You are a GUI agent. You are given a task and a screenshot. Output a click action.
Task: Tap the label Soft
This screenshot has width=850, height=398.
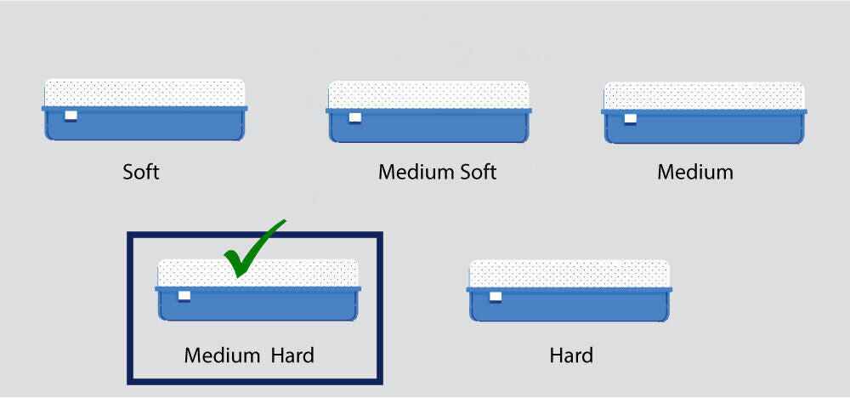pos(141,172)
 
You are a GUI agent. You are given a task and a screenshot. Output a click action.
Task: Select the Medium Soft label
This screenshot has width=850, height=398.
pos(437,172)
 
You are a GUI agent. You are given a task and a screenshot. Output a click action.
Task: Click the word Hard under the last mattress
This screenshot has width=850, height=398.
pos(571,355)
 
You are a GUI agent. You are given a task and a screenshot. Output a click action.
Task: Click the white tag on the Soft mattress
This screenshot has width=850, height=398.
pos(71,116)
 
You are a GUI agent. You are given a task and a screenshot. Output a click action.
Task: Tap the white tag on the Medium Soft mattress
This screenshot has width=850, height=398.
pos(354,117)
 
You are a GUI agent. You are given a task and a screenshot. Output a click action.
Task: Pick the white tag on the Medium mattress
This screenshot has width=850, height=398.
pos(630,118)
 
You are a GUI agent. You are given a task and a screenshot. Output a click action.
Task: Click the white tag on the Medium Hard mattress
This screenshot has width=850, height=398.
pos(184,296)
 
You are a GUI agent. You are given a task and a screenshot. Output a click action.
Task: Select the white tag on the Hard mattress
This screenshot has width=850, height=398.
pos(496,297)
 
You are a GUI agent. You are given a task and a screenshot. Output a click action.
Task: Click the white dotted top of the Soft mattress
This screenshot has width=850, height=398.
pos(144,93)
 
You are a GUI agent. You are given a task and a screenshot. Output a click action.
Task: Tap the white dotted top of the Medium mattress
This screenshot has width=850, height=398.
pos(704,95)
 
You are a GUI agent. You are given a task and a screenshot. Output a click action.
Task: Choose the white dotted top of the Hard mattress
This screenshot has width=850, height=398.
pos(569,274)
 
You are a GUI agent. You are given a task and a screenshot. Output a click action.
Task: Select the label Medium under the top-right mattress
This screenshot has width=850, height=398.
pos(694,172)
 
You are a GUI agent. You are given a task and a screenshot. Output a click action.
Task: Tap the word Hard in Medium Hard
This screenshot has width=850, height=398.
pos(292,355)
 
